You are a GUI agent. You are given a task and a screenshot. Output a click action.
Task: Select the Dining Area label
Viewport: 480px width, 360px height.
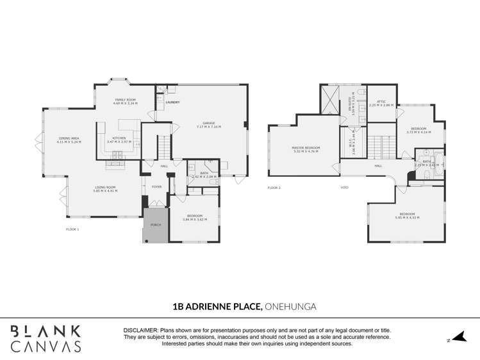pos(69,140)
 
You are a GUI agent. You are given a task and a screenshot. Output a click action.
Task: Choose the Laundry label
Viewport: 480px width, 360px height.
pos(172,102)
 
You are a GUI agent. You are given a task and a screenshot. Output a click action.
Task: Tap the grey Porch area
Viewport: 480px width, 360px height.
pos(155,225)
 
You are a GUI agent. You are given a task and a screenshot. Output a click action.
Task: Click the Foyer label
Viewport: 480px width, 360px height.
pos(156,187)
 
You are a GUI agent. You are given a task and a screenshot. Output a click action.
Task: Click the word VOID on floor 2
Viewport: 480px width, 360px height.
pos(344,188)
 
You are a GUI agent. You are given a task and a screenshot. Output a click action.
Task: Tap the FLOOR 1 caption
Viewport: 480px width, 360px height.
pos(72,229)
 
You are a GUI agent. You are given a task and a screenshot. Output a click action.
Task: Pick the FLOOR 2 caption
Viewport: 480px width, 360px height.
pos(274,188)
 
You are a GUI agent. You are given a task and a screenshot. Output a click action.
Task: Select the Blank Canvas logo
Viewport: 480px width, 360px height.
pos(45,339)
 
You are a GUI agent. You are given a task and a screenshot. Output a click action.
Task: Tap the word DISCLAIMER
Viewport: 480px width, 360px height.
pos(140,331)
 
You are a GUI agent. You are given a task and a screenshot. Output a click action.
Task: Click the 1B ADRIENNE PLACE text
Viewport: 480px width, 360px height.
pos(218,307)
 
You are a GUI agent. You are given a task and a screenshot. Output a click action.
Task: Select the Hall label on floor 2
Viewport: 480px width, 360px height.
pos(378,166)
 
